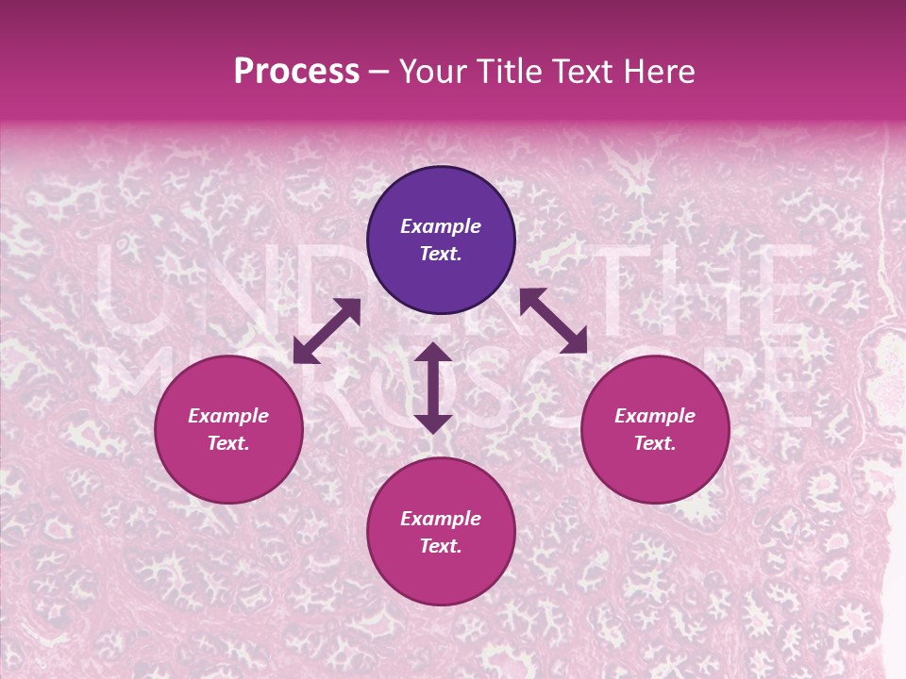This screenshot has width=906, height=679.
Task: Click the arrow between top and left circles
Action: [x=327, y=331]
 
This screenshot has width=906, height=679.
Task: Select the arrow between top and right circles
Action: [x=553, y=321]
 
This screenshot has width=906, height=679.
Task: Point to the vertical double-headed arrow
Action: [x=433, y=388]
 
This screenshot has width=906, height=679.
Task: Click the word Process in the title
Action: [x=296, y=71]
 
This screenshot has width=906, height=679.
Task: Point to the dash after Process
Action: [x=378, y=73]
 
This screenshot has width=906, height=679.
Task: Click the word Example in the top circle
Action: [x=441, y=226]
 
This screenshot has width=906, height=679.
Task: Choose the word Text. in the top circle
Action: [x=441, y=254]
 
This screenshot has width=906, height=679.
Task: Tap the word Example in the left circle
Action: [x=228, y=416]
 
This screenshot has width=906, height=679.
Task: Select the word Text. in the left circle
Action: [x=228, y=443]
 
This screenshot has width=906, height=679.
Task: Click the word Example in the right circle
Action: [x=655, y=416]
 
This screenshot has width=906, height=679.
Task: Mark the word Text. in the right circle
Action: [x=655, y=443]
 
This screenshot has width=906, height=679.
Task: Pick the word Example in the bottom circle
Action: [x=441, y=519]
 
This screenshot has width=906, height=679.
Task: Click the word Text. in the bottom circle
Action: [x=441, y=546]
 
